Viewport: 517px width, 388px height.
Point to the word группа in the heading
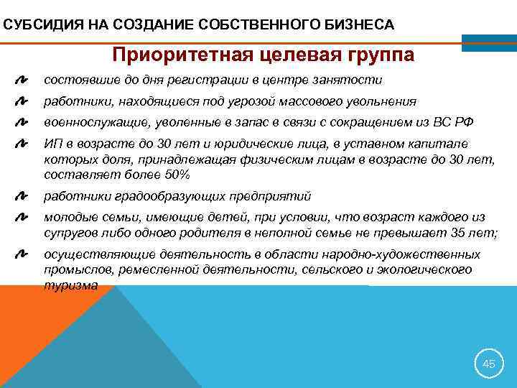377,55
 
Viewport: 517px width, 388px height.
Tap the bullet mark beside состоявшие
22,80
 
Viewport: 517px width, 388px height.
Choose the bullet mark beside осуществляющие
22,255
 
